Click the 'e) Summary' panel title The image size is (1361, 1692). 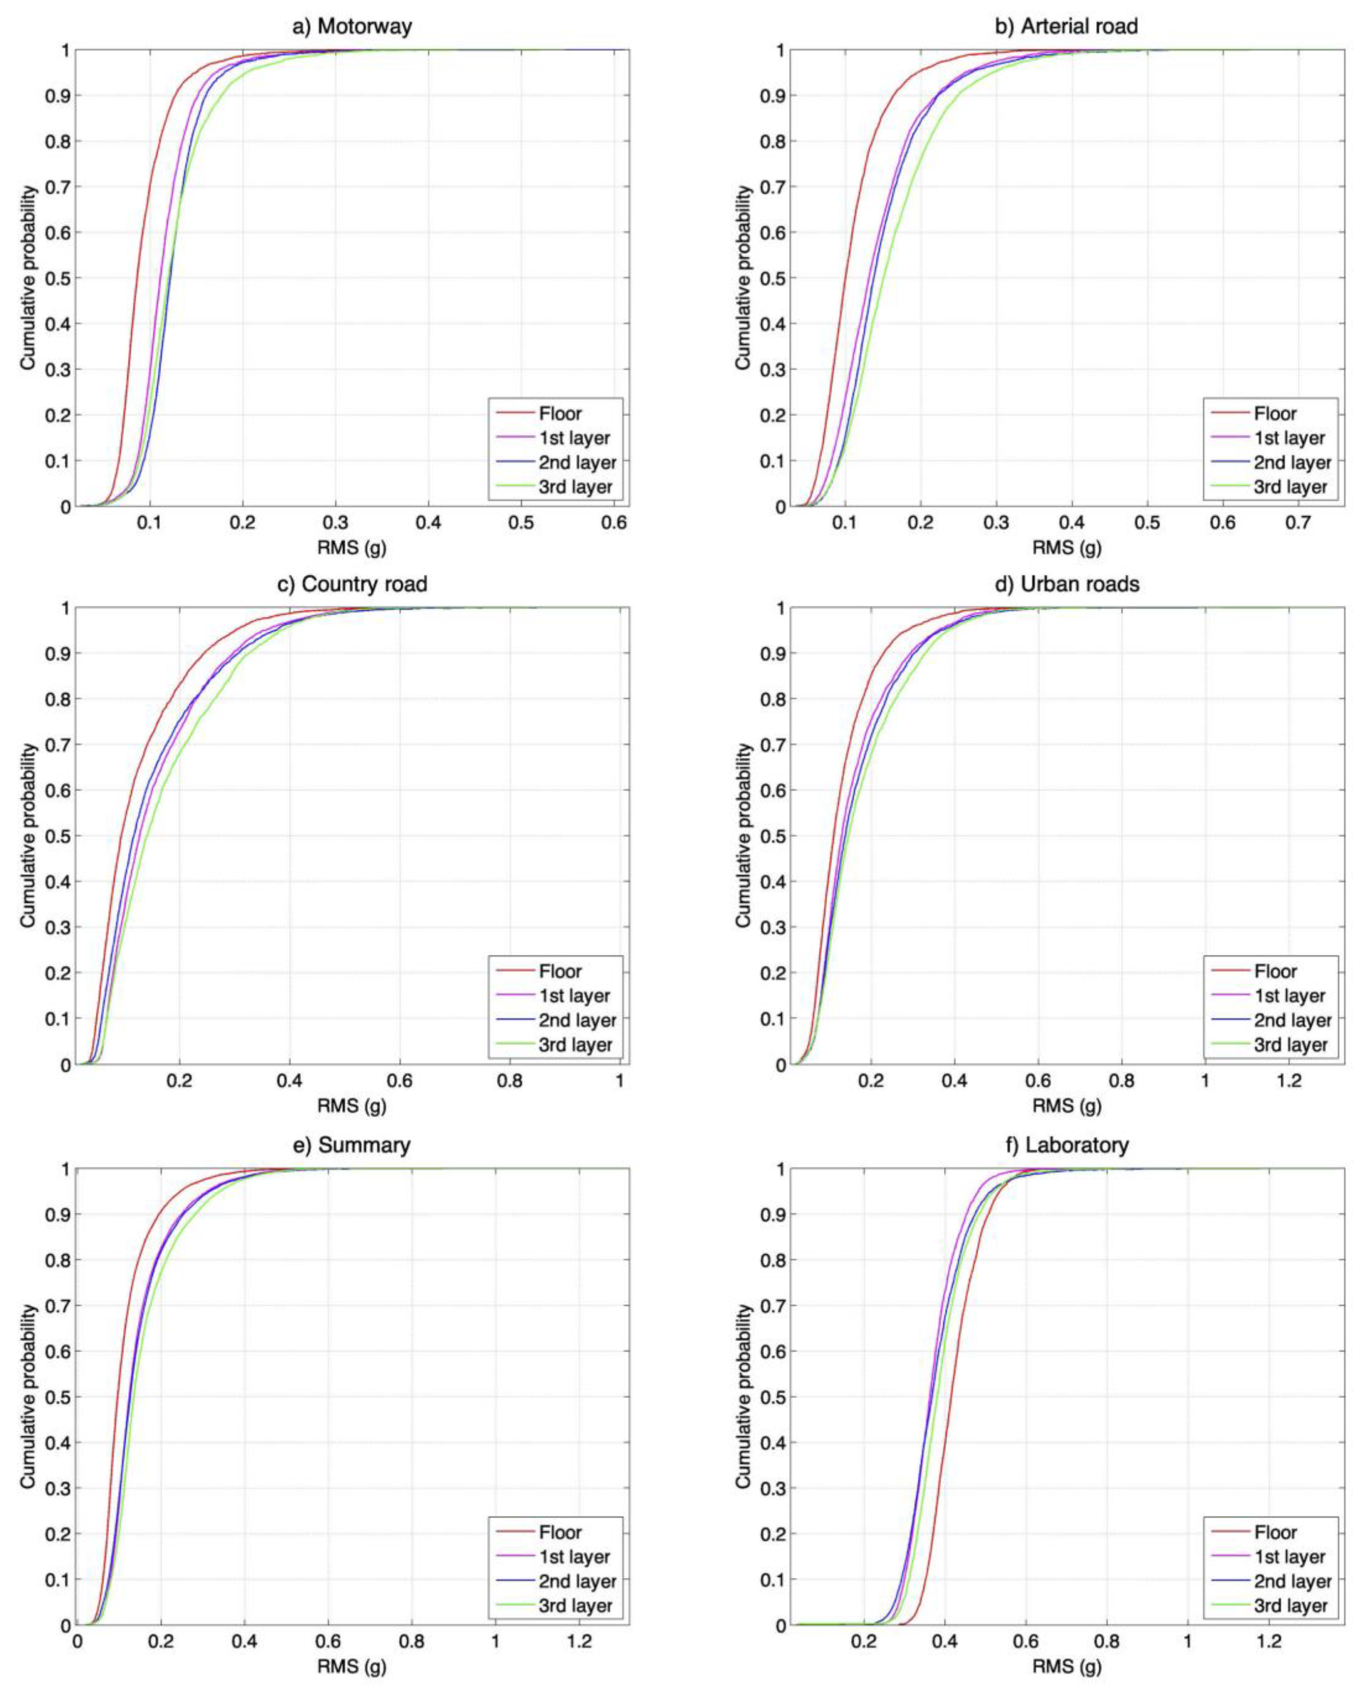[352, 1145]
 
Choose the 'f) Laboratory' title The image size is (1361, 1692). [1067, 1145]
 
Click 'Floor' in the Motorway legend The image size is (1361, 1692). [560, 414]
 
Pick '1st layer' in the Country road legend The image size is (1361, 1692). [574, 996]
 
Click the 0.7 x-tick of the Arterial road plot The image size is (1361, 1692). [1298, 522]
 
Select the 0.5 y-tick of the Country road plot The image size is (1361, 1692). [60, 836]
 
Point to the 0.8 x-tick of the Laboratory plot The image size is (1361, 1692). [1107, 1642]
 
